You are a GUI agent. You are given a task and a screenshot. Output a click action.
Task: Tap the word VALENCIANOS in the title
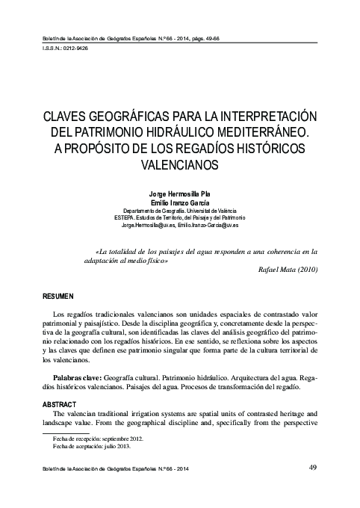180,163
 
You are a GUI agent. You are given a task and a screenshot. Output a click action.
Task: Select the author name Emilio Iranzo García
180,202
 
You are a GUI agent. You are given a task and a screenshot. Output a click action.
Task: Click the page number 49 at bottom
311,468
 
